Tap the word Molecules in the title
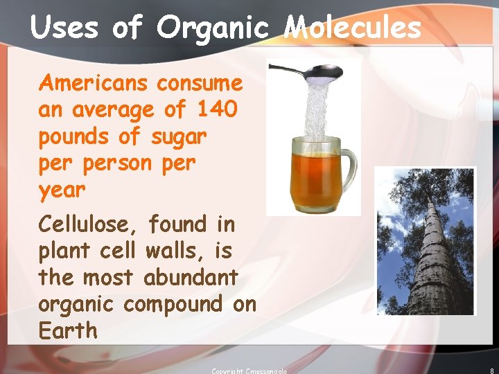pos(353,28)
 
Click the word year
pos(62,190)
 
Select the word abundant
pos(191,278)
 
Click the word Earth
pos(69,331)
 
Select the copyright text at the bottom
pos(249,371)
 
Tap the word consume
pos(200,84)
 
